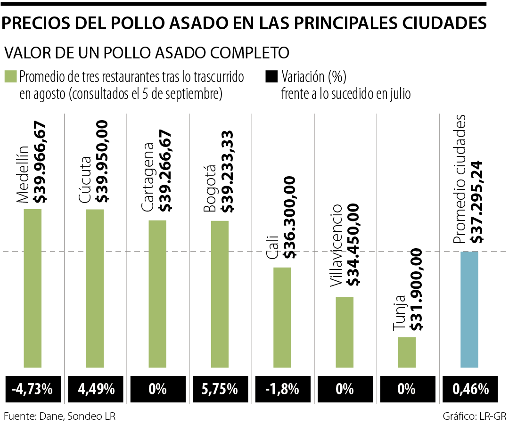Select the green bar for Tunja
coord(407,352)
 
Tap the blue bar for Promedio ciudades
coord(469,309)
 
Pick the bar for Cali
coord(282,317)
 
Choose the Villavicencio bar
coord(345,332)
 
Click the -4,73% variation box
coord(33,389)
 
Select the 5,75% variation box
coord(220,389)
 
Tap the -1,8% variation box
coord(282,389)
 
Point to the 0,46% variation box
coord(469,389)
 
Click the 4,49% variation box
coord(95,389)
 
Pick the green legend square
coord(10,77)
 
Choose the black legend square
coord(271,77)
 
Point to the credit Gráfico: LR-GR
coord(474,416)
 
